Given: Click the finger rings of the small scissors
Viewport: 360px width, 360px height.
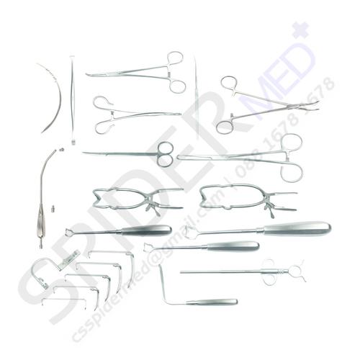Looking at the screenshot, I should point(166,154).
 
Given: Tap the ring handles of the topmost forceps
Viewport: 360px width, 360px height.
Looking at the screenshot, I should point(176,71).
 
